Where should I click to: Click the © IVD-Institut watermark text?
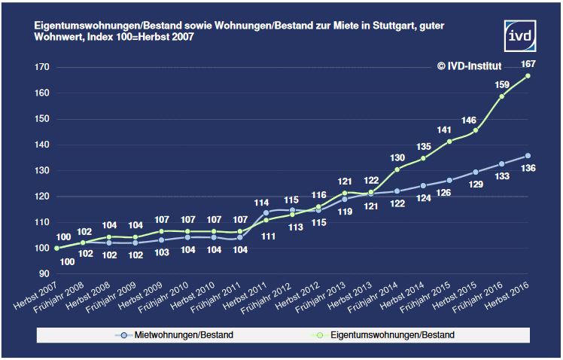click(x=479, y=66)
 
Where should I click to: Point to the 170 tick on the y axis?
click(x=41, y=67)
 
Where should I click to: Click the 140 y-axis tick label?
click(x=41, y=145)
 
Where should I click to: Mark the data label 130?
click(x=396, y=157)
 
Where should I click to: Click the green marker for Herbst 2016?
click(x=528, y=76)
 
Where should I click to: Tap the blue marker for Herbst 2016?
click(x=528, y=156)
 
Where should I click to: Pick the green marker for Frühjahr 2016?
click(x=502, y=96)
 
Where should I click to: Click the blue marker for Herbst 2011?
click(x=266, y=212)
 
